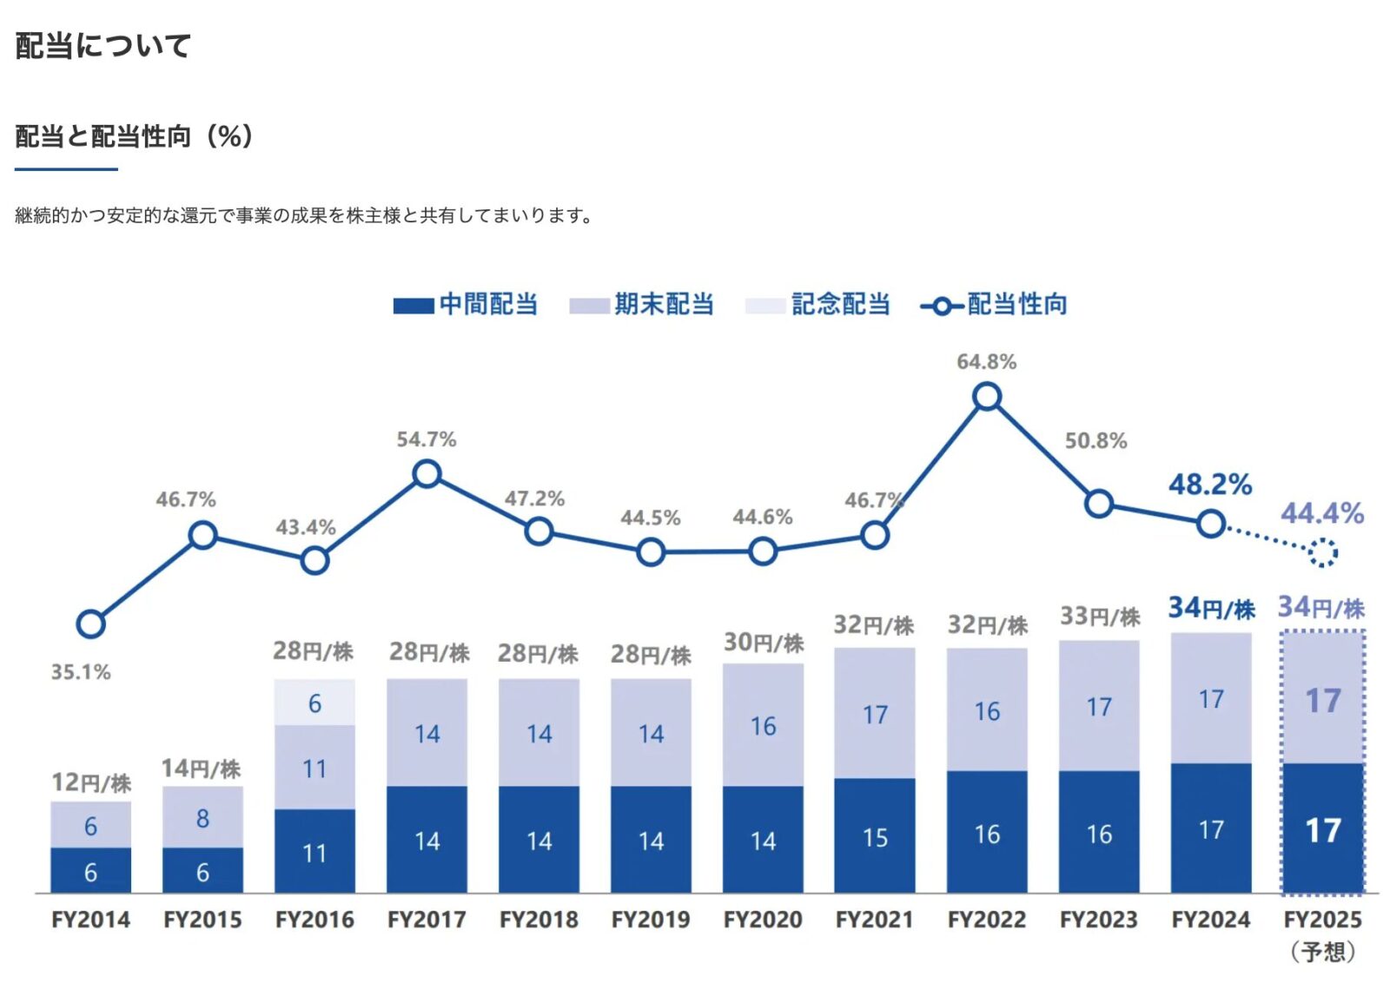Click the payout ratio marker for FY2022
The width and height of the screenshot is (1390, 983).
tap(987, 397)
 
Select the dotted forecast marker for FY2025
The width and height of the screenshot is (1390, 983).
tap(1322, 552)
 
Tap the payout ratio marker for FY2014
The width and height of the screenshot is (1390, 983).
tap(90, 623)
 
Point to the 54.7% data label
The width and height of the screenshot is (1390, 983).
tap(426, 439)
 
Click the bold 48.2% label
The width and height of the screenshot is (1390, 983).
tap(1209, 485)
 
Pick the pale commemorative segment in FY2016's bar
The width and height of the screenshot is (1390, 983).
tap(314, 702)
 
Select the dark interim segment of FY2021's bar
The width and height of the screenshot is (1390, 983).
tap(875, 835)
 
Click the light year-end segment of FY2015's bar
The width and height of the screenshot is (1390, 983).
tap(202, 817)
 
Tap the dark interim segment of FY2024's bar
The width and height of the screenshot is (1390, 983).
tap(1211, 828)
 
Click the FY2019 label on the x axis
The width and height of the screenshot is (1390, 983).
tap(651, 920)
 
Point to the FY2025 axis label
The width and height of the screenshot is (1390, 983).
tap(1322, 920)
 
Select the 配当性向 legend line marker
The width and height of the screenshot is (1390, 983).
tap(941, 306)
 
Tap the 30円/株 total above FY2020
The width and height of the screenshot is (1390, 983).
tap(764, 643)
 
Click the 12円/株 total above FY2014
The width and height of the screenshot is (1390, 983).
tap(90, 782)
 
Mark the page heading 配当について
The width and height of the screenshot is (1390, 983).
tap(103, 46)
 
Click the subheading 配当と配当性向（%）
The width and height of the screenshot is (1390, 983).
tap(134, 136)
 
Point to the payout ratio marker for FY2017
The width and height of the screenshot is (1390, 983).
tap(427, 474)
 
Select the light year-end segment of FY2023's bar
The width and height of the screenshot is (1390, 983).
tap(1099, 705)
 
